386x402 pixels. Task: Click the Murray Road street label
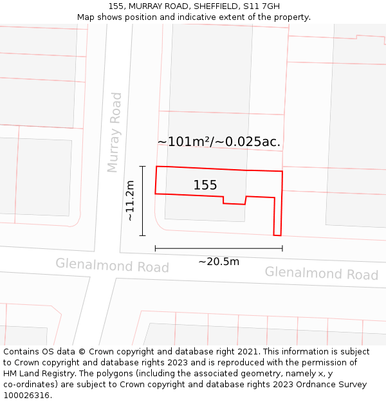(x=114, y=132)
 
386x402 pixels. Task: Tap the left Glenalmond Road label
(x=112, y=265)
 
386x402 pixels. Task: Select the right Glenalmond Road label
(x=322, y=273)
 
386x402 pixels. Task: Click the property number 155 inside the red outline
(x=205, y=185)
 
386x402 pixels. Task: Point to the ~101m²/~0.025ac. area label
(x=219, y=142)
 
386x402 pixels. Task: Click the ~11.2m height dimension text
(x=130, y=201)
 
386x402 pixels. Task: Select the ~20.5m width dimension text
(x=219, y=261)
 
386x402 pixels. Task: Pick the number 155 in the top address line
(x=116, y=6)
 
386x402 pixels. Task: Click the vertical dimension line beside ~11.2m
(x=143, y=201)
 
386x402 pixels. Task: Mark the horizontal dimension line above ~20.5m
(x=219, y=248)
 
